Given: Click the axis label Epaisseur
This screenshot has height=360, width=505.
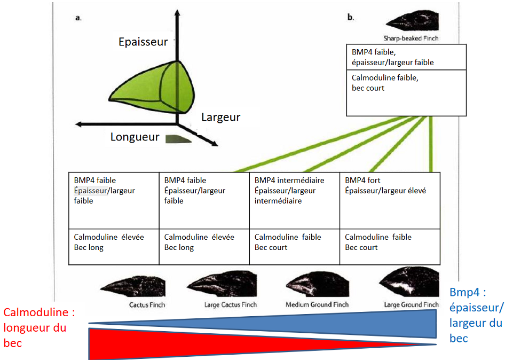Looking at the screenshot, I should [x=143, y=42].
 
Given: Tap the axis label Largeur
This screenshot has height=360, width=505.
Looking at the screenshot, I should [x=220, y=117].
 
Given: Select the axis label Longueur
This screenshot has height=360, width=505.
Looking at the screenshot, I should [x=135, y=137].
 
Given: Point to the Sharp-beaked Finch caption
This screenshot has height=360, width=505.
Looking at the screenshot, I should [x=411, y=38].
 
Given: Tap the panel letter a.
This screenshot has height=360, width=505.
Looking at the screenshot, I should [x=78, y=18].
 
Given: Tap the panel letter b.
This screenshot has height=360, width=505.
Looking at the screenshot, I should [x=350, y=18].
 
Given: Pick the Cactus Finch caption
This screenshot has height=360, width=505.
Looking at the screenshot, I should [x=147, y=305].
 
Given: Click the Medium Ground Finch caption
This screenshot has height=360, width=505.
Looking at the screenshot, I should [x=317, y=305].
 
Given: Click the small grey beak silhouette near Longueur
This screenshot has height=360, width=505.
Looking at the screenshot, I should [x=177, y=139].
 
